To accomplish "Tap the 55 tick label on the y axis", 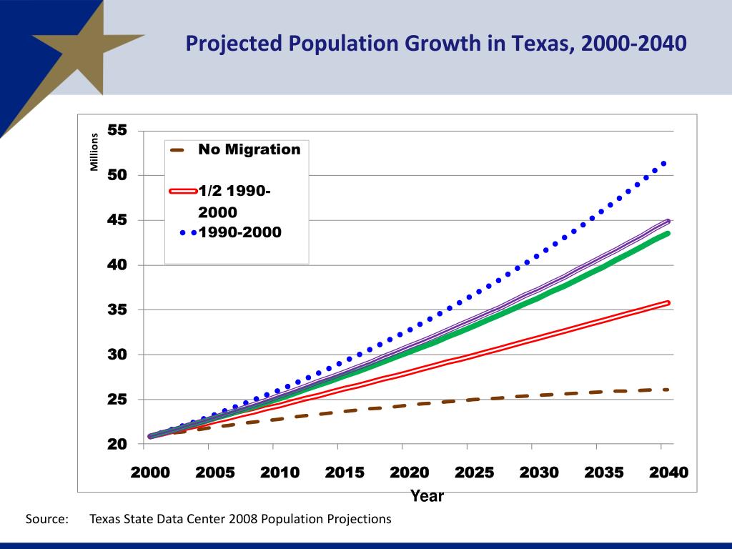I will (x=117, y=131).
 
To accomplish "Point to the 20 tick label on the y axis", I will (x=117, y=445).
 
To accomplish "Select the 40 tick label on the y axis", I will (x=117, y=265).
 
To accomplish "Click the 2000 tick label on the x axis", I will (x=150, y=473).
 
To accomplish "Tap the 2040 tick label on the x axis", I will (x=668, y=473).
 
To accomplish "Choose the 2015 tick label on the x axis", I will (x=345, y=473).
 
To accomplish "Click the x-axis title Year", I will (x=427, y=496).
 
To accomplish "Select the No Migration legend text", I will (x=249, y=149).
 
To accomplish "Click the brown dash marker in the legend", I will (x=177, y=150).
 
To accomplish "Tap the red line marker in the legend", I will (x=182, y=192).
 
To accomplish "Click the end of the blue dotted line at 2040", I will (x=664, y=164).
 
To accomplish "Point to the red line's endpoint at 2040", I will (x=667, y=303).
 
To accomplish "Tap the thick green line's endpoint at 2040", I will (x=666, y=233).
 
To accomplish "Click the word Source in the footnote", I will (x=46, y=519).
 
